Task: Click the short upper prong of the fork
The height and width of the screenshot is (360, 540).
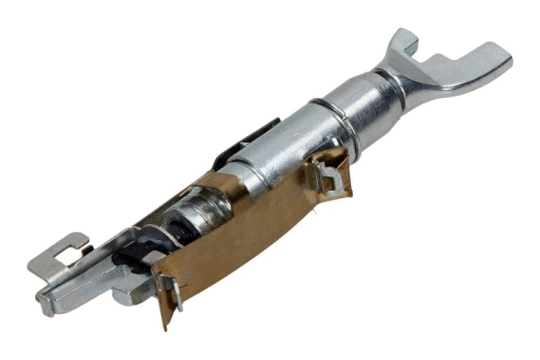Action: (401, 41)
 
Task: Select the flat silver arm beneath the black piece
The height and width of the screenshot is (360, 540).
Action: (99, 279)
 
